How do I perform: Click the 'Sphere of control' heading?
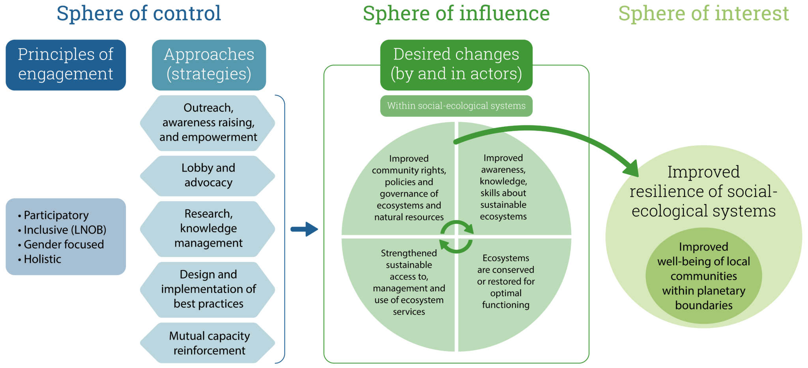coord(138,13)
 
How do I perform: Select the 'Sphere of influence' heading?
coord(456,13)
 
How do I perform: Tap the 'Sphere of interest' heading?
coord(703,13)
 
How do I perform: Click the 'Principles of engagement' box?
coord(65,65)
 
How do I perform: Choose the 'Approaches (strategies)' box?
coord(209,65)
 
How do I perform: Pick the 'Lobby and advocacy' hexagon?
coord(208,176)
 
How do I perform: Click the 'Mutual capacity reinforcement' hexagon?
coord(209,343)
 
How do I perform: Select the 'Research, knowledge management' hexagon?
coord(208,229)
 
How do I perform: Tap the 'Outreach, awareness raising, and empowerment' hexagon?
coord(208,123)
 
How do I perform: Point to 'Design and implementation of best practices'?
coord(208,289)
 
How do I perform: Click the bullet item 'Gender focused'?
coord(64,245)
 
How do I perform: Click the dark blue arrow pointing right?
coord(304,229)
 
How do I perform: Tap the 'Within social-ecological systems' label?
coord(456,106)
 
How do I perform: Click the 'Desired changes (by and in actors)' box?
coord(456,65)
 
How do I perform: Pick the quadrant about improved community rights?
coord(409,188)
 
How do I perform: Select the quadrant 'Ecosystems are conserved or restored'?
coord(505,281)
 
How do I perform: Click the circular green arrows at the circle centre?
coord(456,237)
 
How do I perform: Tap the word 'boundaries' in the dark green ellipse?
coord(703,306)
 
